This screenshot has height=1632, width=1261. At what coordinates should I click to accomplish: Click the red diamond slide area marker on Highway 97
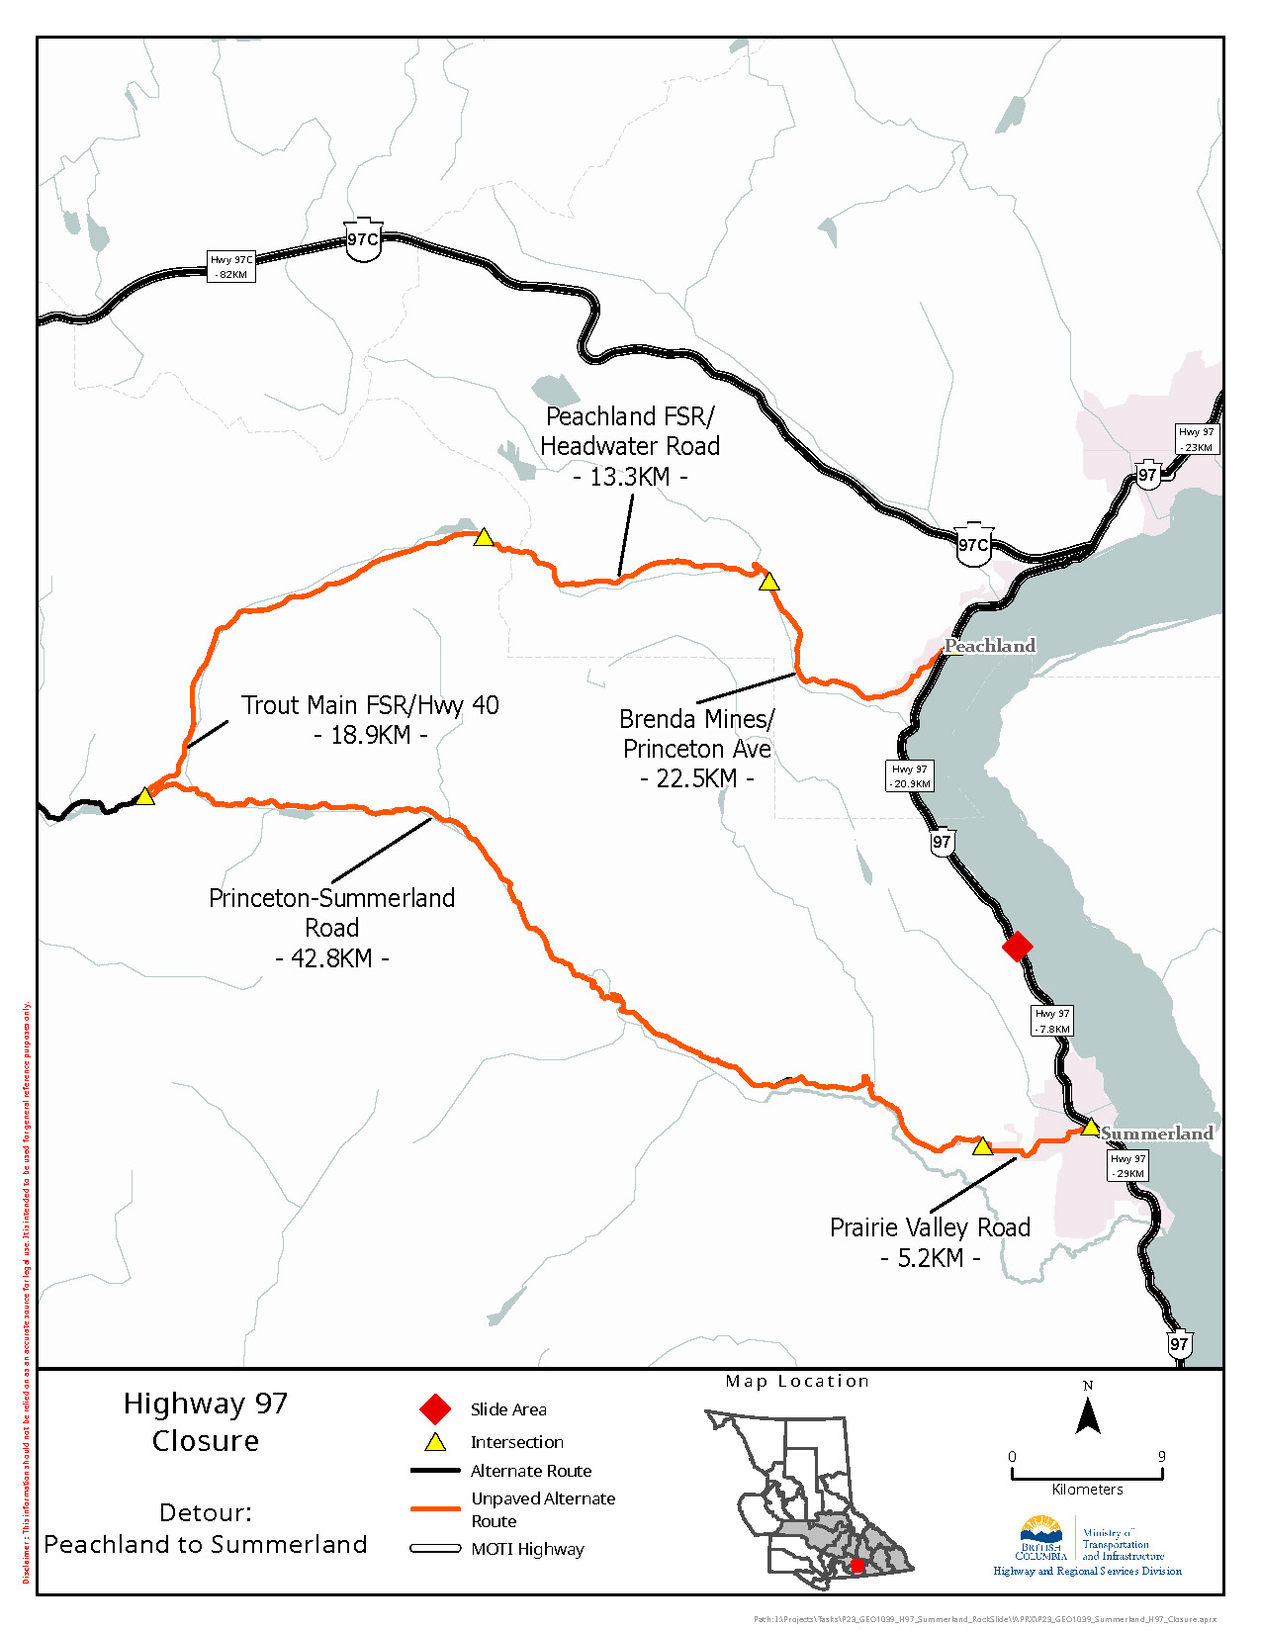(x=1018, y=946)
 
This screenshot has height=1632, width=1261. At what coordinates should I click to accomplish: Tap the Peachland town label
(x=990, y=646)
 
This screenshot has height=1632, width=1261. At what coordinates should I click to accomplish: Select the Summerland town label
(x=1156, y=1133)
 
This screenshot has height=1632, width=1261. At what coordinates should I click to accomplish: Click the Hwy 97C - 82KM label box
(x=231, y=267)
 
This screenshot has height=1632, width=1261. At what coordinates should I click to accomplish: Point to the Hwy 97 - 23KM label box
(x=1197, y=439)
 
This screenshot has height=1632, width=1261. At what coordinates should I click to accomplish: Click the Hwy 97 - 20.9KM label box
(x=909, y=775)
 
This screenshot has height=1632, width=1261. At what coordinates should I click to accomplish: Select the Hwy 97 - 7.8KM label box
(x=1052, y=1021)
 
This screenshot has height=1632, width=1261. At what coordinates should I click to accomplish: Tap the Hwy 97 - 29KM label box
(x=1127, y=1165)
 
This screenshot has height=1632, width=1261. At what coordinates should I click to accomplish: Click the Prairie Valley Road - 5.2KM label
(x=930, y=1242)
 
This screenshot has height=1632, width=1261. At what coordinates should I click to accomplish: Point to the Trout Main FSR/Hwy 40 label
(x=370, y=719)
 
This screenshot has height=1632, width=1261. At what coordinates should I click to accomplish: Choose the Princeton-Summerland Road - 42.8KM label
(x=331, y=927)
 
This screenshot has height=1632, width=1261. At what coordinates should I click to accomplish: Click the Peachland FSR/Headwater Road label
(x=630, y=446)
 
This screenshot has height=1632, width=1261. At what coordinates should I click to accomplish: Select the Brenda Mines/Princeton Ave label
(x=696, y=748)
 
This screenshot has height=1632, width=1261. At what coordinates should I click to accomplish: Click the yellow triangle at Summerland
(x=1090, y=1128)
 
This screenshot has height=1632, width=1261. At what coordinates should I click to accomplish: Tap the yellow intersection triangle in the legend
(x=435, y=1442)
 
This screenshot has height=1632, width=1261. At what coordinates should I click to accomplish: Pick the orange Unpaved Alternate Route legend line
(x=435, y=1509)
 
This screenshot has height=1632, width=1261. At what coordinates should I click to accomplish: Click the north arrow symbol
(x=1088, y=1417)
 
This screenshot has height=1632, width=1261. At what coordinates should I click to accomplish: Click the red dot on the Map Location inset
(x=857, y=1566)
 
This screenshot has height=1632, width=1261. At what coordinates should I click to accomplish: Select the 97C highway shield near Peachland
(x=973, y=544)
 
